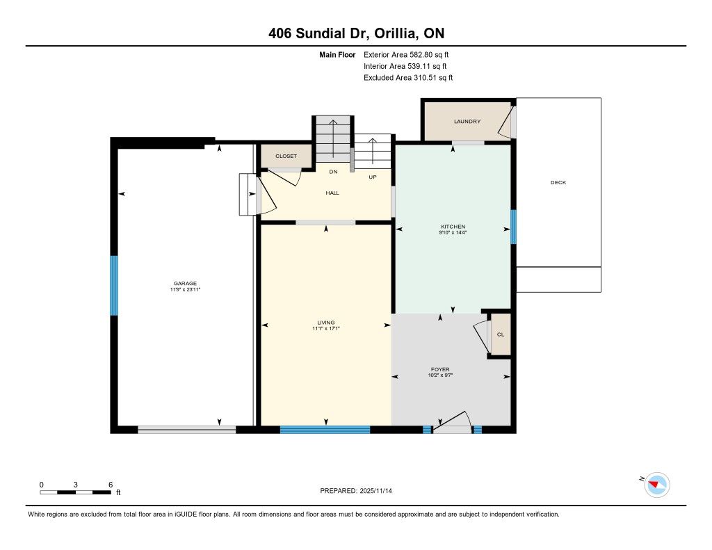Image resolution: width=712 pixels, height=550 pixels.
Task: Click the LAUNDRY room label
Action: point(467,121)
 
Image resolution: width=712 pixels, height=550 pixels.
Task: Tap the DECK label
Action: point(558,182)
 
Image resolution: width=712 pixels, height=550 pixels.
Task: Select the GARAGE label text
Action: point(185,284)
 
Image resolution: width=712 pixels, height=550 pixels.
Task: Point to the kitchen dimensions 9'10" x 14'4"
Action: point(453,232)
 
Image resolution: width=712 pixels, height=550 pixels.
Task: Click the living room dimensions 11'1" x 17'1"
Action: point(325,328)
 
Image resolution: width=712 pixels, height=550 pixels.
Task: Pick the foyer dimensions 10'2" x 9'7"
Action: point(440,375)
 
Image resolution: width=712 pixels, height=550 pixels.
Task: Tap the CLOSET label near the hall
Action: point(286,156)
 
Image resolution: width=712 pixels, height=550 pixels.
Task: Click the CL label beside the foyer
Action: point(501,334)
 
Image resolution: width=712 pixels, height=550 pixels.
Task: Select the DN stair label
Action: point(333,172)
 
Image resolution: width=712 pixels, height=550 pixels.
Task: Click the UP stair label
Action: point(373,177)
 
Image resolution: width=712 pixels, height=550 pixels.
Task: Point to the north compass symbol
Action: point(656,485)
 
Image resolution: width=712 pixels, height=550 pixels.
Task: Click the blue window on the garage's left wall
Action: point(114,286)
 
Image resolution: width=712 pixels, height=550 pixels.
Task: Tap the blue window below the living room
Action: point(325,430)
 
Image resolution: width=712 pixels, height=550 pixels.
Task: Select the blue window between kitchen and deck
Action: point(513,227)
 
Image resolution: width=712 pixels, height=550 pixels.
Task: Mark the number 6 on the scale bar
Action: point(111,485)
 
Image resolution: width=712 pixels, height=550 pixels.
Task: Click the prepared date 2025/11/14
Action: point(375,490)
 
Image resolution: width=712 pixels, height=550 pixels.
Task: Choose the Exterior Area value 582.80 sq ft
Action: point(429,54)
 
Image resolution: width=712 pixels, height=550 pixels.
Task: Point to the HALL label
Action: point(332,193)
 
